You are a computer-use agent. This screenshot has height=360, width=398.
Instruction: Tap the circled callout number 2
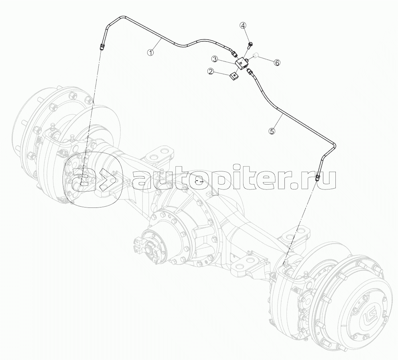tap(210, 71)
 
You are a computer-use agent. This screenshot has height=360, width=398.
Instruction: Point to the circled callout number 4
tap(243, 26)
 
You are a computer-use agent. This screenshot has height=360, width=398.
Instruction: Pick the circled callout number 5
tap(272, 131)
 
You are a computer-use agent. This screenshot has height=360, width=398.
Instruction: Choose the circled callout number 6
tap(277, 63)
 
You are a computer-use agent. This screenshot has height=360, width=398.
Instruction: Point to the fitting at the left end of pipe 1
tap(102, 47)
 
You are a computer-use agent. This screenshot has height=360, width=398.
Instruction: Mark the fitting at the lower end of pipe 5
tap(318, 178)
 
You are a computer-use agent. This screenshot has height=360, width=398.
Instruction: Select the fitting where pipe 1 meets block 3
tap(234, 53)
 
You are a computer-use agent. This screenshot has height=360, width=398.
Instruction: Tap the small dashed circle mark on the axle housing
tap(199, 182)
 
